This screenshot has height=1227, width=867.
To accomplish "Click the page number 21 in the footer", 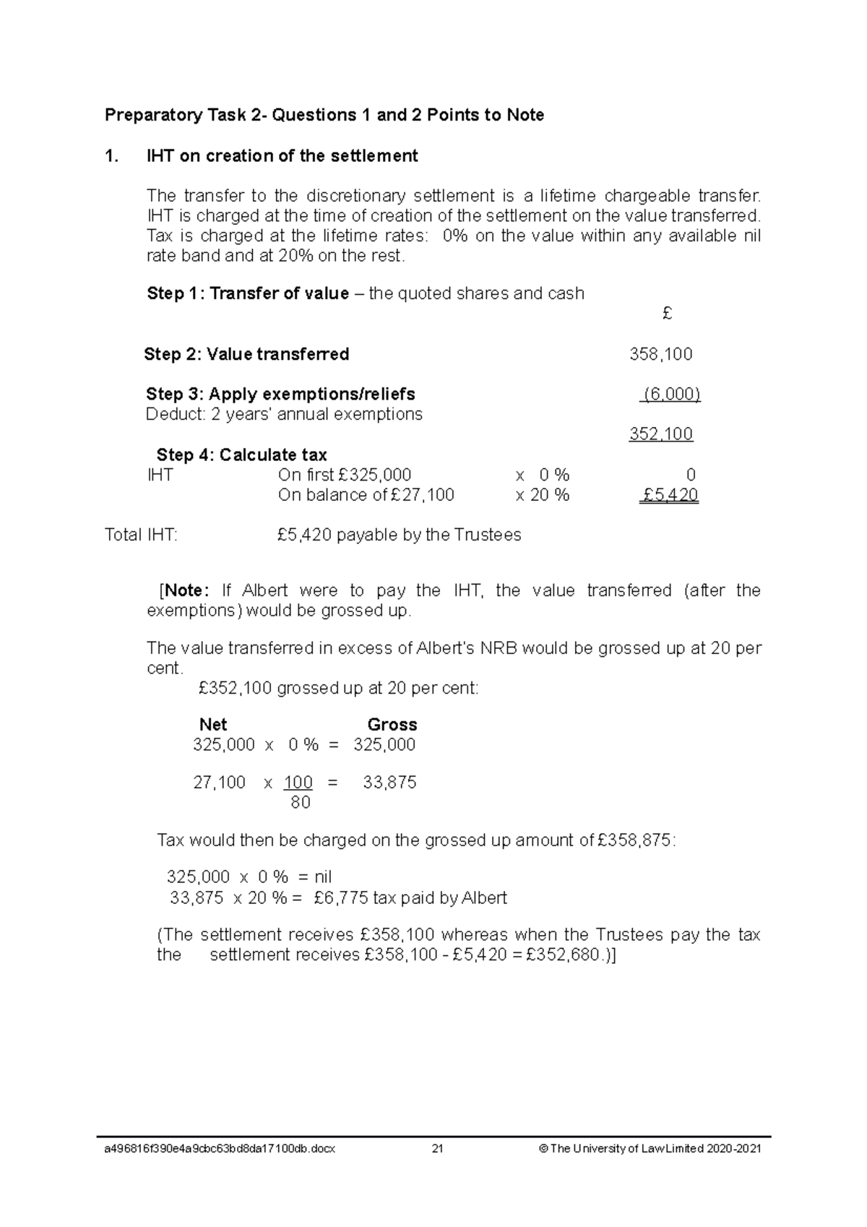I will point(437,1149).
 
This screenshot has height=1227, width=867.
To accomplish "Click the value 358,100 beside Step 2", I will point(660,354).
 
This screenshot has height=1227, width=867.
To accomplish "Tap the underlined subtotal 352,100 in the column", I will point(660,434).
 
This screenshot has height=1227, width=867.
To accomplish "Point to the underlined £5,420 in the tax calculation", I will point(669,495).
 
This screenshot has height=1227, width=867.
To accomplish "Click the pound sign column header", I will point(667,314).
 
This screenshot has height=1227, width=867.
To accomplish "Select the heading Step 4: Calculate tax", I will point(241,455).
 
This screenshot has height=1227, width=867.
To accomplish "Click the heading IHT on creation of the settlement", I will point(282,156).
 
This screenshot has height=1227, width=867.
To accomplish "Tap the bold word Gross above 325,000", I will point(392,724).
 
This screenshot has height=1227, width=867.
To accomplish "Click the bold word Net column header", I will point(213,724).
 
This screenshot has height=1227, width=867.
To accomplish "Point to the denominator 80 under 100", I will point(300,802).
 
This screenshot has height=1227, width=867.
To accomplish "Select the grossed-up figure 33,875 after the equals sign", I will point(389,783).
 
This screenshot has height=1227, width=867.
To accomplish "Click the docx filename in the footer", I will point(220,1149).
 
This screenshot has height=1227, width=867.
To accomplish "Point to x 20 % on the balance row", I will point(542,495).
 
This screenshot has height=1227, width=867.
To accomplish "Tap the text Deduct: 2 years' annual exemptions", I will point(284,414).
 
